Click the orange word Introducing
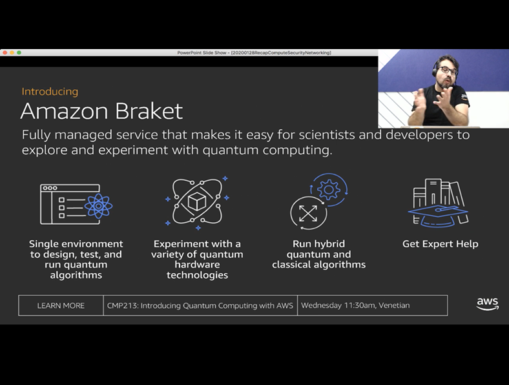[x=50, y=92]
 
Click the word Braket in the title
[x=149, y=111]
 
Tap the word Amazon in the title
[x=64, y=111]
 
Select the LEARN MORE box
[x=61, y=306]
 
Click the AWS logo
[x=487, y=304]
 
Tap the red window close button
[x=5, y=52]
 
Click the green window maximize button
[x=19, y=52]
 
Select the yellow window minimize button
[x=12, y=52]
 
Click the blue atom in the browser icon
[x=98, y=205]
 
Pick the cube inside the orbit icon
[x=197, y=202]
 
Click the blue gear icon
[x=329, y=189]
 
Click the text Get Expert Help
[x=440, y=244]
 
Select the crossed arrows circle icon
[x=308, y=213]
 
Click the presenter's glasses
[x=448, y=70]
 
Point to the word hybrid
[x=329, y=244]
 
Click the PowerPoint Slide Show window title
[x=254, y=52]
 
